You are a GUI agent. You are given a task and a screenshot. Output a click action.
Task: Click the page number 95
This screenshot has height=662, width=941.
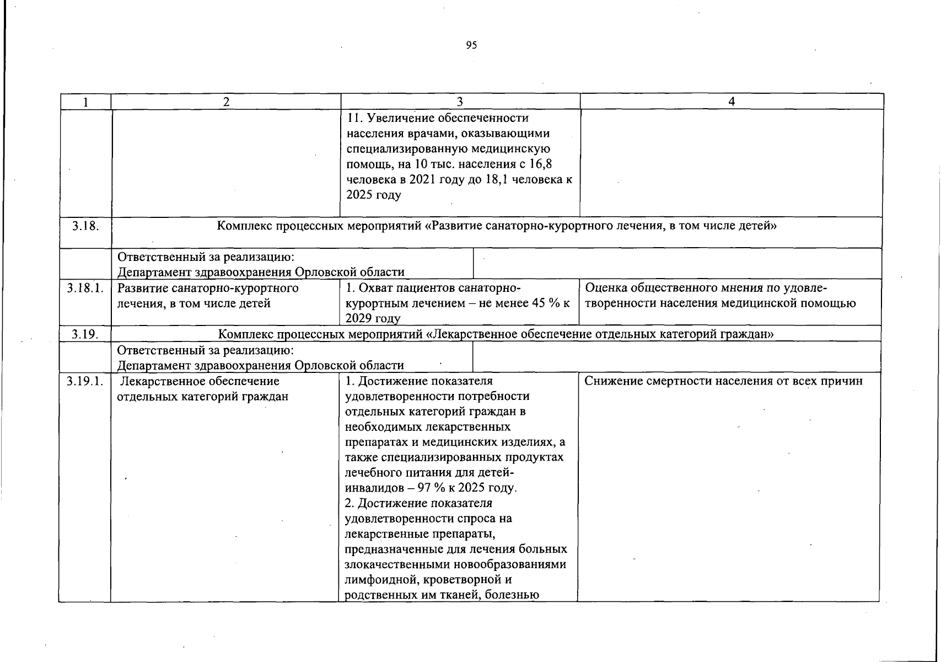tap(471, 45)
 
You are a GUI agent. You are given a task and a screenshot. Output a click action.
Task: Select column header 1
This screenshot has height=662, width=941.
tap(85, 102)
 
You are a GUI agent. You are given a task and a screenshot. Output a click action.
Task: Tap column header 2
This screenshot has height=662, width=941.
tap(226, 102)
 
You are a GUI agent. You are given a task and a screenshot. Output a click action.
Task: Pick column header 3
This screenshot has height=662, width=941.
tap(460, 102)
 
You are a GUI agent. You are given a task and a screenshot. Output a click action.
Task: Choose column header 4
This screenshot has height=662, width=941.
tap(732, 102)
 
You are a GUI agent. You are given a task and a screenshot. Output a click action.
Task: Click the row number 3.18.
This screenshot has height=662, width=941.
tap(85, 226)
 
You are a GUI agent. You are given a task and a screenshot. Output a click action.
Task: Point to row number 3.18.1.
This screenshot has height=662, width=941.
tap(85, 288)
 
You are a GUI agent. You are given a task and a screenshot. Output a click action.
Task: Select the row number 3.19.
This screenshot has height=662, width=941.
tap(85, 334)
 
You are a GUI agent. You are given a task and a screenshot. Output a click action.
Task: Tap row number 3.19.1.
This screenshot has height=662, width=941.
tap(85, 381)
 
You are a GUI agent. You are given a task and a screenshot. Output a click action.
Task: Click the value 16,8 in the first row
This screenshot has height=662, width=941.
tap(541, 164)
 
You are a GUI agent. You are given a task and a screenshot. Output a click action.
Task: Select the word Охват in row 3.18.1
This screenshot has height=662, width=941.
tap(375, 288)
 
